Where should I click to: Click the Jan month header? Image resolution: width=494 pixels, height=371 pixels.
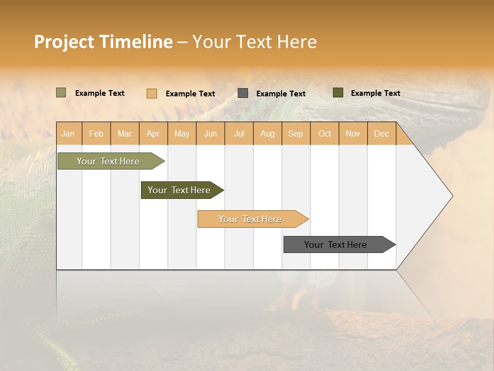coord(68,133)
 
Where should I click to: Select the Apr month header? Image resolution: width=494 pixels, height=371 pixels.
coord(153,133)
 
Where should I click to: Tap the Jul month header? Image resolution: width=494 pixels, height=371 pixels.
coord(239,133)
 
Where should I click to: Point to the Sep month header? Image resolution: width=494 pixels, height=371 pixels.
coord(295,133)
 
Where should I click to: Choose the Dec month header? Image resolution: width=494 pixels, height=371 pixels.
coord(381,133)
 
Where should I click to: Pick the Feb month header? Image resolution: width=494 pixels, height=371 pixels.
coord(96,133)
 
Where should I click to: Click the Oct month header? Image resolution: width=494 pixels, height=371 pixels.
coord(325,133)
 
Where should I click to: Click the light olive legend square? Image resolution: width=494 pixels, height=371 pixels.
coord(61,93)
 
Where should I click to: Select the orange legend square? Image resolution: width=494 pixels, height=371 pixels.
coord(151,93)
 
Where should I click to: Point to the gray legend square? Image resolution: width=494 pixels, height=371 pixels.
coord(243,93)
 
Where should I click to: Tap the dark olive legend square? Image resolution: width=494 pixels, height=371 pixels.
coord(338,93)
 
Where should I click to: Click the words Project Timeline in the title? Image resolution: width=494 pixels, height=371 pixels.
coord(103,42)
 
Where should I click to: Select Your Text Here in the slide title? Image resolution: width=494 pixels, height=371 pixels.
coord(254,42)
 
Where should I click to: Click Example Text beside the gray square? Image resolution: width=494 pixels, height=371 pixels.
coord(280,94)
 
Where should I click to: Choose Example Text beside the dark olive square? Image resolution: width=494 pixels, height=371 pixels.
coord(375,93)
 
